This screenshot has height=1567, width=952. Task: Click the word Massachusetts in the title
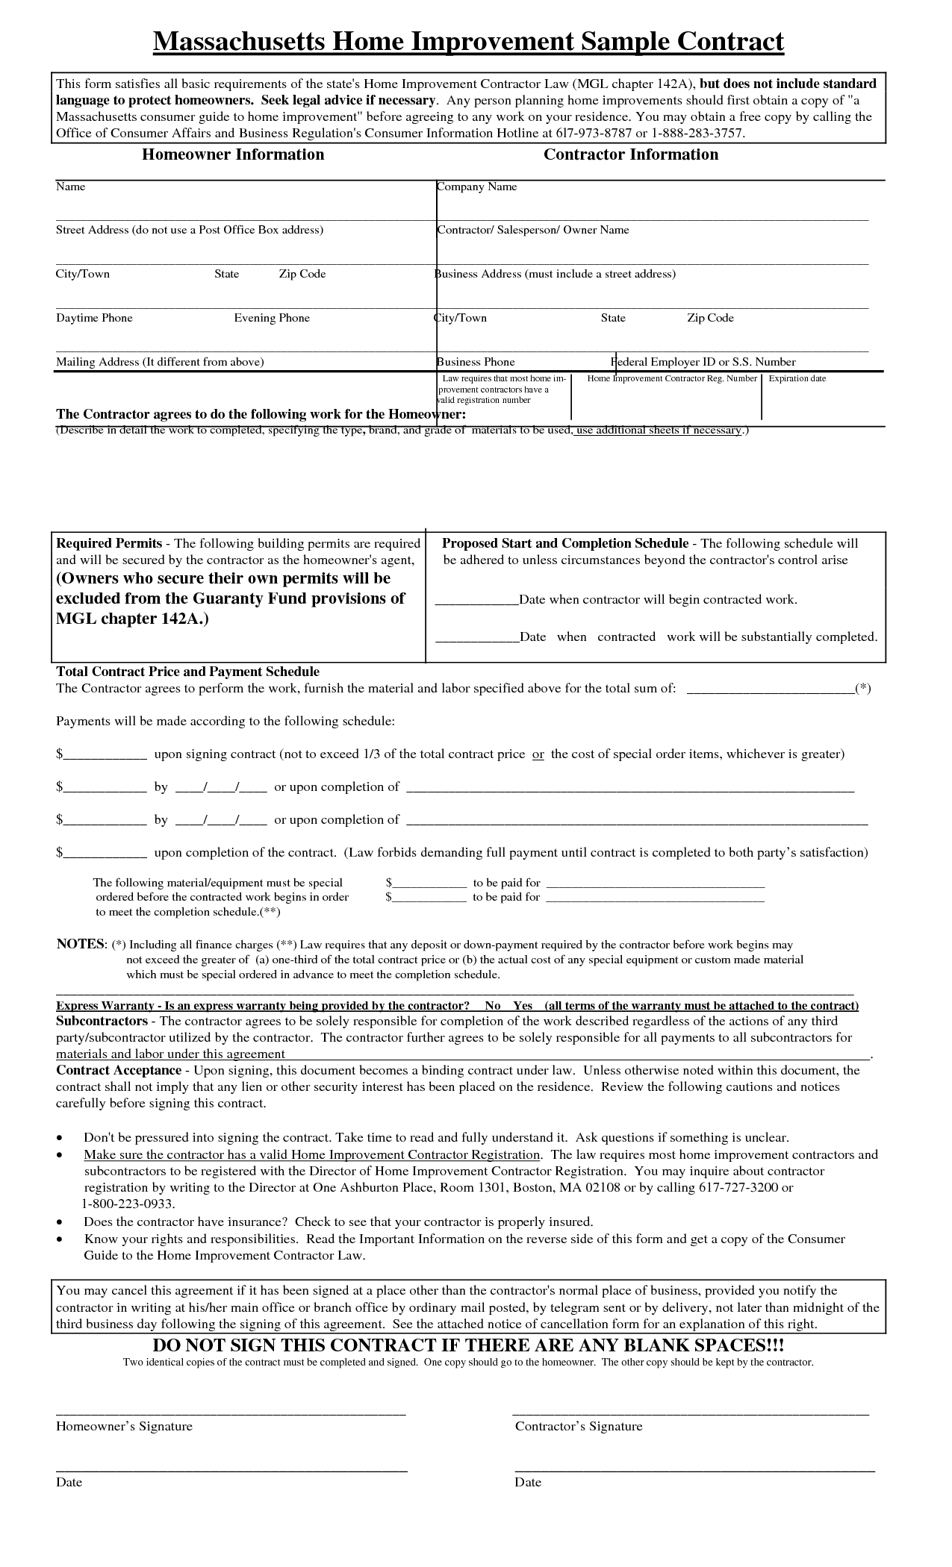pos(239,42)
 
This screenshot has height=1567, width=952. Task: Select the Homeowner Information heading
pos(233,154)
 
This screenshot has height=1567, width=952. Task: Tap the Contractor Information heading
pos(630,154)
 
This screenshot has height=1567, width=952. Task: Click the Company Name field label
pos(478,187)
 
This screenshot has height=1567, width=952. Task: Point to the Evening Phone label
pos(272,318)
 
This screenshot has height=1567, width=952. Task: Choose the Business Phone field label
pos(476,362)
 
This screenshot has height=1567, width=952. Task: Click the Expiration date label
pos(797,378)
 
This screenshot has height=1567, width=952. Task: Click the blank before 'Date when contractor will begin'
pos(476,600)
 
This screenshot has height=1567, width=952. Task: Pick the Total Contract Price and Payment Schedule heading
pos(187,672)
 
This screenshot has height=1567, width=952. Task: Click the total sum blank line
pos(770,689)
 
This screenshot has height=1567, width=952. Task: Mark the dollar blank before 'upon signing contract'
pos(105,754)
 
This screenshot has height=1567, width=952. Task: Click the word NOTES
pos(81,944)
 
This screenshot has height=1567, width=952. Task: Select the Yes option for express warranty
pos(523,1005)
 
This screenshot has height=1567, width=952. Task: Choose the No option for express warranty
pos(492,1005)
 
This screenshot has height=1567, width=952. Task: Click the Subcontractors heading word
pos(102,1021)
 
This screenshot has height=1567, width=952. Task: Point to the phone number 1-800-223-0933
pos(128,1204)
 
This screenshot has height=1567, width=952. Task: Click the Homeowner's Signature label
pos(124,1426)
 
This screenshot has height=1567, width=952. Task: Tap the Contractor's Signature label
pos(579,1426)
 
